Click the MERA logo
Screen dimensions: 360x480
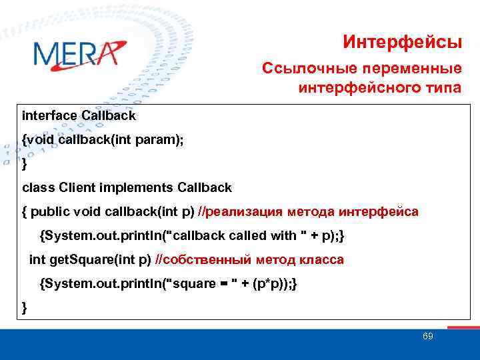(79, 53)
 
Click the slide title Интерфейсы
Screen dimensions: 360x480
(402, 42)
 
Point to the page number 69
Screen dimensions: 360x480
(428, 336)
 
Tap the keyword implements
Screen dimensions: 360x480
(139, 187)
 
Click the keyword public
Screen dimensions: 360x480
(50, 212)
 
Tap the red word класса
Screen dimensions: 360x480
(321, 260)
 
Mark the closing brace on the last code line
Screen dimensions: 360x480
(25, 307)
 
